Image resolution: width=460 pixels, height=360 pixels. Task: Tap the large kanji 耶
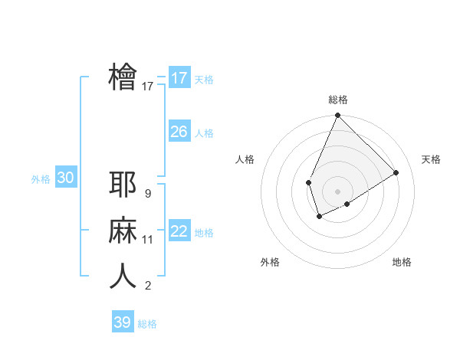click(x=123, y=185)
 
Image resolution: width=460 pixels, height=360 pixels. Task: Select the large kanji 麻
click(x=123, y=231)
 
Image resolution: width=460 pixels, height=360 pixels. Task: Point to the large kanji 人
click(x=123, y=277)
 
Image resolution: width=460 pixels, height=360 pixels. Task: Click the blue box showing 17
click(x=179, y=78)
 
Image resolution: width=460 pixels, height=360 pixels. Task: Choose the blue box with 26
click(x=179, y=132)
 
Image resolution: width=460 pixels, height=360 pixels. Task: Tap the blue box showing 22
click(x=179, y=231)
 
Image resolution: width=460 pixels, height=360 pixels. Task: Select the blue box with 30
click(x=66, y=178)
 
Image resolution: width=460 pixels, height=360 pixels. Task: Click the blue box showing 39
click(x=123, y=322)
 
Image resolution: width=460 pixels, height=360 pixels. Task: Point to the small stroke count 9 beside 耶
click(x=147, y=194)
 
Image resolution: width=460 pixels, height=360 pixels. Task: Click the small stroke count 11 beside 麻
click(x=148, y=240)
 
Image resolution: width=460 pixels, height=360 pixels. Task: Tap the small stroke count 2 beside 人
click(x=147, y=286)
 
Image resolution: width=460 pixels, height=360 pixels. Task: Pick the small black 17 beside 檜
click(x=148, y=87)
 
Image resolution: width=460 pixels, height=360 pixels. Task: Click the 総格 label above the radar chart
click(x=337, y=100)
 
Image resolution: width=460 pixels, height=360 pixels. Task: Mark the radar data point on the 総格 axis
click(x=337, y=116)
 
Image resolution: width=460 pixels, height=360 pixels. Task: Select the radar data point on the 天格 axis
click(x=396, y=172)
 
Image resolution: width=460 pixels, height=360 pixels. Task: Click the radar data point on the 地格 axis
click(x=347, y=204)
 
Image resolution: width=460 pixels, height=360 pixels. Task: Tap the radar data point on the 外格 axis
click(x=319, y=217)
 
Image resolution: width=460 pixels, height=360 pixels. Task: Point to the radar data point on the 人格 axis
click(x=308, y=182)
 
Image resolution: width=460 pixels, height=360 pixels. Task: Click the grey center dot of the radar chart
click(x=337, y=191)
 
